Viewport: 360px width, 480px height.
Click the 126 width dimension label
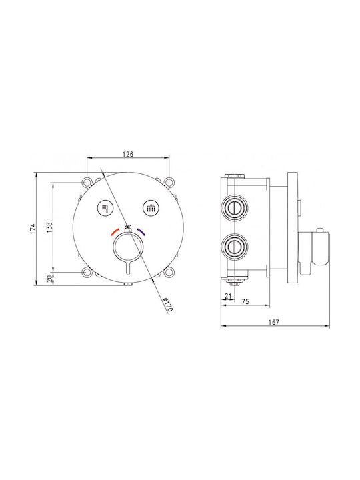(128, 154)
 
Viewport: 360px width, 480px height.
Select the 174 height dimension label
(33, 229)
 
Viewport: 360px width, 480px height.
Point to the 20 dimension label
(49, 278)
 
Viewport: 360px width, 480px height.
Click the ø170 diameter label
(167, 304)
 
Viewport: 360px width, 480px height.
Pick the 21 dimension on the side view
(228, 296)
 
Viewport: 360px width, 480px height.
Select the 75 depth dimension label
(245, 302)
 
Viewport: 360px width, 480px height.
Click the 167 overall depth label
(274, 322)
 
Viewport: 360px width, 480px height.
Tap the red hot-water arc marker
(115, 232)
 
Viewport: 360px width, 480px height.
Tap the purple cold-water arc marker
(141, 232)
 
